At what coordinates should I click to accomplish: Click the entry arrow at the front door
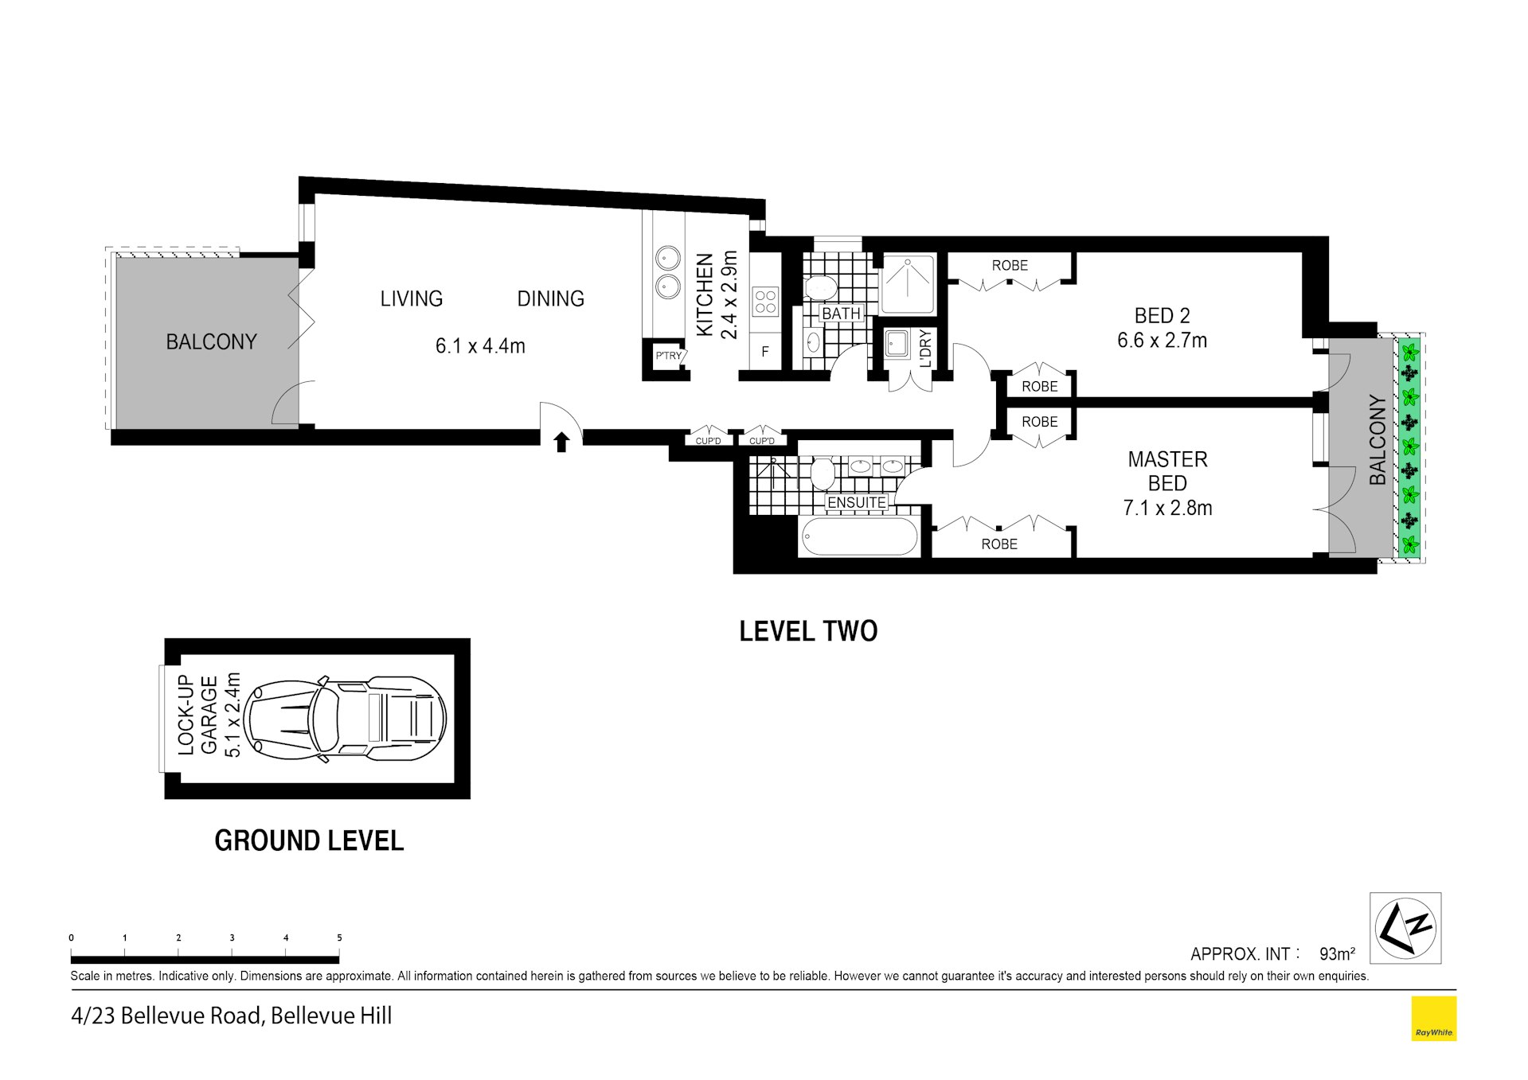tap(561, 442)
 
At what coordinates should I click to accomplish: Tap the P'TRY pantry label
tap(668, 356)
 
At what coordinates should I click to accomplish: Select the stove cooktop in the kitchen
tap(765, 301)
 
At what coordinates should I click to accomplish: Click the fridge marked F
tap(765, 351)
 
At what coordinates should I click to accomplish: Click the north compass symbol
tap(1405, 928)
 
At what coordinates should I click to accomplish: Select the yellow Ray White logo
tap(1434, 1019)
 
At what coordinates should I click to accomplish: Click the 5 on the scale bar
tap(339, 938)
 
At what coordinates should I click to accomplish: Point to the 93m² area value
tap(1338, 953)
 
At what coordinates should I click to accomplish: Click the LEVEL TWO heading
tap(808, 631)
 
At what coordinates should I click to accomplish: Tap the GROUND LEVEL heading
tap(309, 840)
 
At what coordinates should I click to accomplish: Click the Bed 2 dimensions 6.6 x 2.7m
tap(1162, 341)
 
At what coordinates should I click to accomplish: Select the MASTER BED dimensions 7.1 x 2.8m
tap(1167, 508)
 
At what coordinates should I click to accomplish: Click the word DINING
tap(551, 298)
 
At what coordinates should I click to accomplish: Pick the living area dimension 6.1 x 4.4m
tap(480, 346)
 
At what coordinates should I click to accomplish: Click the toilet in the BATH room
tap(819, 287)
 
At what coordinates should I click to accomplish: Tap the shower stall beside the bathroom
tap(908, 283)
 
